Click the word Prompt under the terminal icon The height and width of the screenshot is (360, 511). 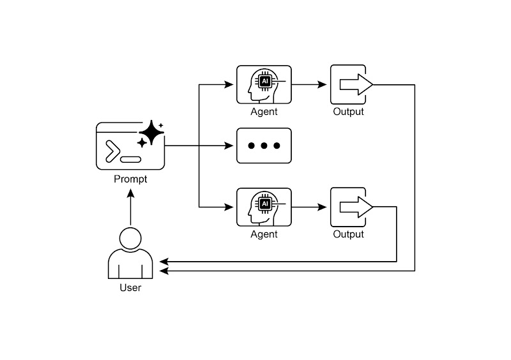point(130,179)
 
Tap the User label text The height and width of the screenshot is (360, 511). point(130,288)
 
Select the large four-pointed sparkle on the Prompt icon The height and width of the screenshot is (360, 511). point(151,132)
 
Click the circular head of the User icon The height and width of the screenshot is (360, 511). point(130,239)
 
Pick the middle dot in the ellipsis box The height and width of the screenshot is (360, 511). point(264,146)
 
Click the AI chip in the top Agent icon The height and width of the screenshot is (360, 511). point(264,81)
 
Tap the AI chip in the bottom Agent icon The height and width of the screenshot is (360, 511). point(264,204)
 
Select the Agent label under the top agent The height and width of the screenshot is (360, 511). point(264,112)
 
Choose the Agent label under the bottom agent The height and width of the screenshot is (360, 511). point(264,234)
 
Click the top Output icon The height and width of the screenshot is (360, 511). point(348,84)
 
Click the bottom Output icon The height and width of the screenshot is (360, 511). point(348,207)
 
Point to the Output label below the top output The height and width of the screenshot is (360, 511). point(348,112)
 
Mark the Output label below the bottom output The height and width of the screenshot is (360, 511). point(348,234)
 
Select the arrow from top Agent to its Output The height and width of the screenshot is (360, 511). point(310,84)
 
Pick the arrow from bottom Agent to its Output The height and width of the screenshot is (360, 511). point(310,207)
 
